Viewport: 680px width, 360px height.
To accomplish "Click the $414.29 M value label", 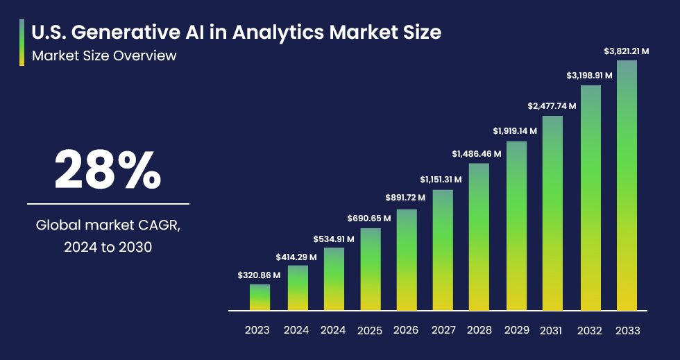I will tap(296, 257).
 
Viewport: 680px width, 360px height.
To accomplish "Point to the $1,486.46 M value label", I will tap(479, 153).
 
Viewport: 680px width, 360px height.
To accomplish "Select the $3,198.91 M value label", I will tap(589, 75).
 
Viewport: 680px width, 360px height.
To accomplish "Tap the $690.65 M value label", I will tap(369, 218).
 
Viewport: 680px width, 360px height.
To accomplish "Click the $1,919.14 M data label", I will tap(516, 130).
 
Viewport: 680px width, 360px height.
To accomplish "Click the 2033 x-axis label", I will tap(627, 330).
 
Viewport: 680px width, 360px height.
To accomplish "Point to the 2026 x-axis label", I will tap(406, 330).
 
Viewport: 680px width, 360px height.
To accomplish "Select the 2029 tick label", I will tap(516, 330).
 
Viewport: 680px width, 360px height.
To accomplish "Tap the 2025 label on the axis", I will tap(369, 330).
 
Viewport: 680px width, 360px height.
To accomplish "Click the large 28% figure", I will tap(108, 170).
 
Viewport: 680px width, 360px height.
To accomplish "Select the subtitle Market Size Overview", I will tap(104, 55).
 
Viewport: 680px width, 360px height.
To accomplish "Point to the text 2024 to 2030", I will tap(108, 246).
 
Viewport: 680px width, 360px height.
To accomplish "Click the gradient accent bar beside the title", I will tap(22, 42).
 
